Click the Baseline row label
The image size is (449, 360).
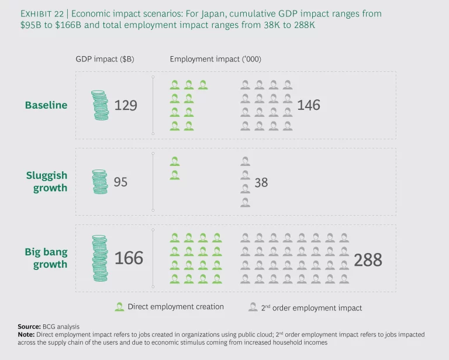pyautogui.click(x=46, y=105)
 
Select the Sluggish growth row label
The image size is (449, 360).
pyautogui.click(x=46, y=182)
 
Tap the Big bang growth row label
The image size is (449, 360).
pyautogui.click(x=46, y=258)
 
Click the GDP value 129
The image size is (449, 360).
pyautogui.click(x=126, y=105)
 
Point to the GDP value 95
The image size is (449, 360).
pyautogui.click(x=120, y=182)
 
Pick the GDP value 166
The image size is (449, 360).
pyautogui.click(x=129, y=258)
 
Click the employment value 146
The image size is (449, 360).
pyautogui.click(x=309, y=105)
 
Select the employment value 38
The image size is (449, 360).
pyautogui.click(x=261, y=182)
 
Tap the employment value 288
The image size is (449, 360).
pyautogui.click(x=368, y=259)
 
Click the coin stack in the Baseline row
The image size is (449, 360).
pyautogui.click(x=100, y=105)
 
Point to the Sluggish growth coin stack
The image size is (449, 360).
pyautogui.click(x=100, y=182)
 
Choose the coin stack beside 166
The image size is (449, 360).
pyautogui.click(x=100, y=257)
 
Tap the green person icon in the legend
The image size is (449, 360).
pyautogui.click(x=119, y=307)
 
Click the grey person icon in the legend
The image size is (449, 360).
pyautogui.click(x=253, y=307)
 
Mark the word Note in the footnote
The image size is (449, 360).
pyautogui.click(x=26, y=335)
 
